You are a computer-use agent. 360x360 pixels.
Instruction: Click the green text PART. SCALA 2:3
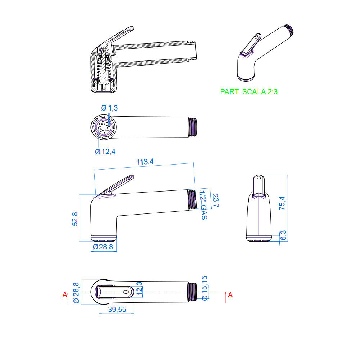249,92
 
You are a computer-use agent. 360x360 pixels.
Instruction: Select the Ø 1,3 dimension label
109,108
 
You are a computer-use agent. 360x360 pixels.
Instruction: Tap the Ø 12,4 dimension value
105,152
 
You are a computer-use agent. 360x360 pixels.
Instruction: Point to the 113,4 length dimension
145,162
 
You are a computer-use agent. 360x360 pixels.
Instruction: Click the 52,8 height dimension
75,219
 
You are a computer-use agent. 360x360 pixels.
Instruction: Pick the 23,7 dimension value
216,201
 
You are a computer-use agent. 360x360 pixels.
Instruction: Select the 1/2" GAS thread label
204,205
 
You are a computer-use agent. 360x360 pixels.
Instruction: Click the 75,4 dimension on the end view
282,203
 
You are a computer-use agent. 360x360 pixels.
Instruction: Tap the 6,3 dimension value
283,235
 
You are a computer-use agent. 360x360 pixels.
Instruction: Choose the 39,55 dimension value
117,309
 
